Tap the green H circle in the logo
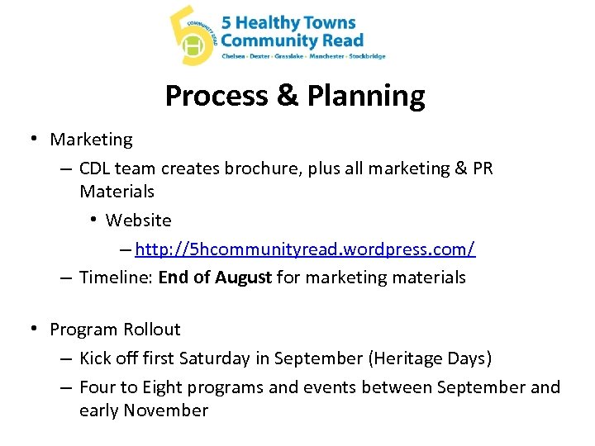coord(193,48)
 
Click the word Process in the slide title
coord(217,96)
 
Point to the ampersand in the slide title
coord(288,96)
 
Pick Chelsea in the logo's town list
coord(234,56)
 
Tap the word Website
coord(139,221)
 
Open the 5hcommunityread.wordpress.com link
coord(305,249)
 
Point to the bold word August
coord(243,278)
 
